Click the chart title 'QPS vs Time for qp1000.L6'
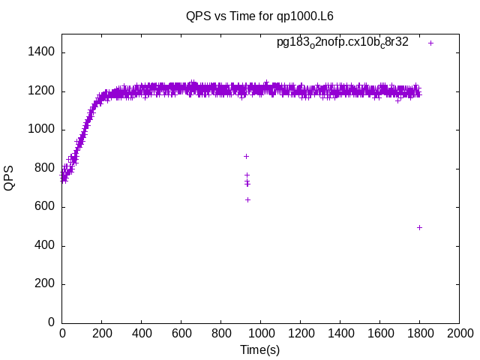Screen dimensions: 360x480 click(x=259, y=15)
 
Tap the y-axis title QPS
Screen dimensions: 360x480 click(x=10, y=177)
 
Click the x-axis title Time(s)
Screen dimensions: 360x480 click(x=259, y=349)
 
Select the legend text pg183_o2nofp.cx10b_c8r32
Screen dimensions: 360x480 click(x=343, y=43)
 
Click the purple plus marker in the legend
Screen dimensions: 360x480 click(x=431, y=43)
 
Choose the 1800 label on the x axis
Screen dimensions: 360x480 click(x=419, y=334)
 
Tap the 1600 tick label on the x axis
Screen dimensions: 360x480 click(x=379, y=334)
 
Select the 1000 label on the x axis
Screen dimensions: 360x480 click(x=260, y=334)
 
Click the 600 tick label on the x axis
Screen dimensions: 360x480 click(x=181, y=334)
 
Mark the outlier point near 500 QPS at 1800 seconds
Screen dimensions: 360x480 click(x=419, y=227)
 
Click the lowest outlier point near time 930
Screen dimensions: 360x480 click(x=247, y=199)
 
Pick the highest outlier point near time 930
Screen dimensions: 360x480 click(x=246, y=156)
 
